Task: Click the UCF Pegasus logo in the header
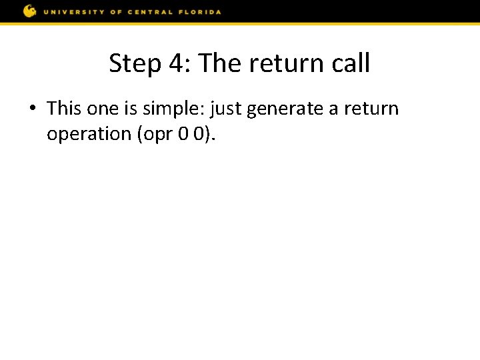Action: coord(29,11)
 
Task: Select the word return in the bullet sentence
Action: coord(371,109)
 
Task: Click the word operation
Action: coord(89,135)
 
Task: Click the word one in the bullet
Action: coord(102,109)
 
